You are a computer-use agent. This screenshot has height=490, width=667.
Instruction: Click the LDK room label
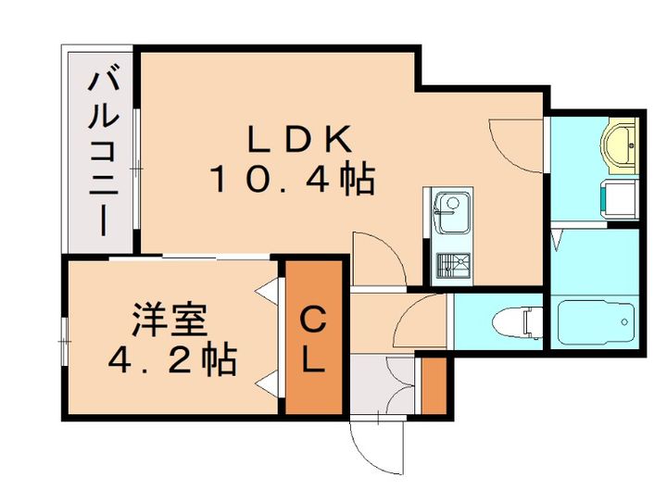click(300, 138)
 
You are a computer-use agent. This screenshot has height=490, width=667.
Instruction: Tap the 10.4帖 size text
click(293, 180)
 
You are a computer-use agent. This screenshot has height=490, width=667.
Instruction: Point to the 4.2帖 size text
click(172, 360)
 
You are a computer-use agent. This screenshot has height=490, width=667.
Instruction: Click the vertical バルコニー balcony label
click(103, 154)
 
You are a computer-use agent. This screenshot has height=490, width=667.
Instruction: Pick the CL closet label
click(313, 340)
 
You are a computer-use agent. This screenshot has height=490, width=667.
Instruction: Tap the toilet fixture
click(518, 322)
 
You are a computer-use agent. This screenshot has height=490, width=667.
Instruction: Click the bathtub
click(597, 322)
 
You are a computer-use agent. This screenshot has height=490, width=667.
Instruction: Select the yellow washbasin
click(620, 145)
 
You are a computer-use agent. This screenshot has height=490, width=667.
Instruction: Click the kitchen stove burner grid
click(454, 266)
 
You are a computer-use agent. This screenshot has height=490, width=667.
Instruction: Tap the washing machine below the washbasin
click(620, 200)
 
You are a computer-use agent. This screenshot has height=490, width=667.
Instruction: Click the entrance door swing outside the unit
click(376, 447)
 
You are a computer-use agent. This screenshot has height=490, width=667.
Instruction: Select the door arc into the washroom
click(516, 145)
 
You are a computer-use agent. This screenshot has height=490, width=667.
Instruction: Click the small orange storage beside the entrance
click(434, 385)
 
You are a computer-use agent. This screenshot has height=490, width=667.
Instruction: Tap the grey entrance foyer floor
click(382, 385)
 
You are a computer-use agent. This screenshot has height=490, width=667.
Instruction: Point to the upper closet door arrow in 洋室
click(267, 292)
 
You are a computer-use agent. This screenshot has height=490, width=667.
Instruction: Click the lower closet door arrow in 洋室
click(267, 382)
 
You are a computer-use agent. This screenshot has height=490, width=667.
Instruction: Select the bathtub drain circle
click(624, 322)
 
